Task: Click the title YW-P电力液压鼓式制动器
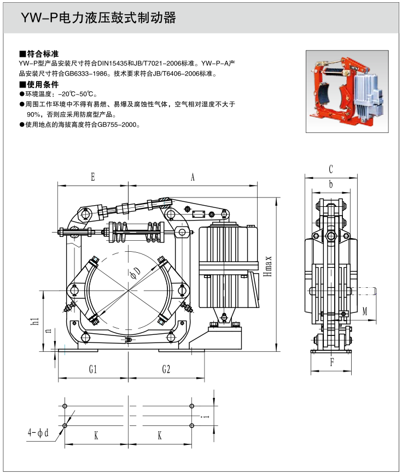tap(99, 19)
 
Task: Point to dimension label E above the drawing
tap(92, 177)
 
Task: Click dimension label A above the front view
tap(192, 177)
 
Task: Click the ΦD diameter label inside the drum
tap(135, 273)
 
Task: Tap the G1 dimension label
tap(93, 369)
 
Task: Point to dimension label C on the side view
tap(331, 169)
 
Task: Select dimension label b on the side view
tap(331, 184)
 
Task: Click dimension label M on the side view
tap(365, 312)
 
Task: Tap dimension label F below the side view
tap(332, 361)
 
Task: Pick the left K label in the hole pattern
tap(96, 436)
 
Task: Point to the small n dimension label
tap(49, 330)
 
